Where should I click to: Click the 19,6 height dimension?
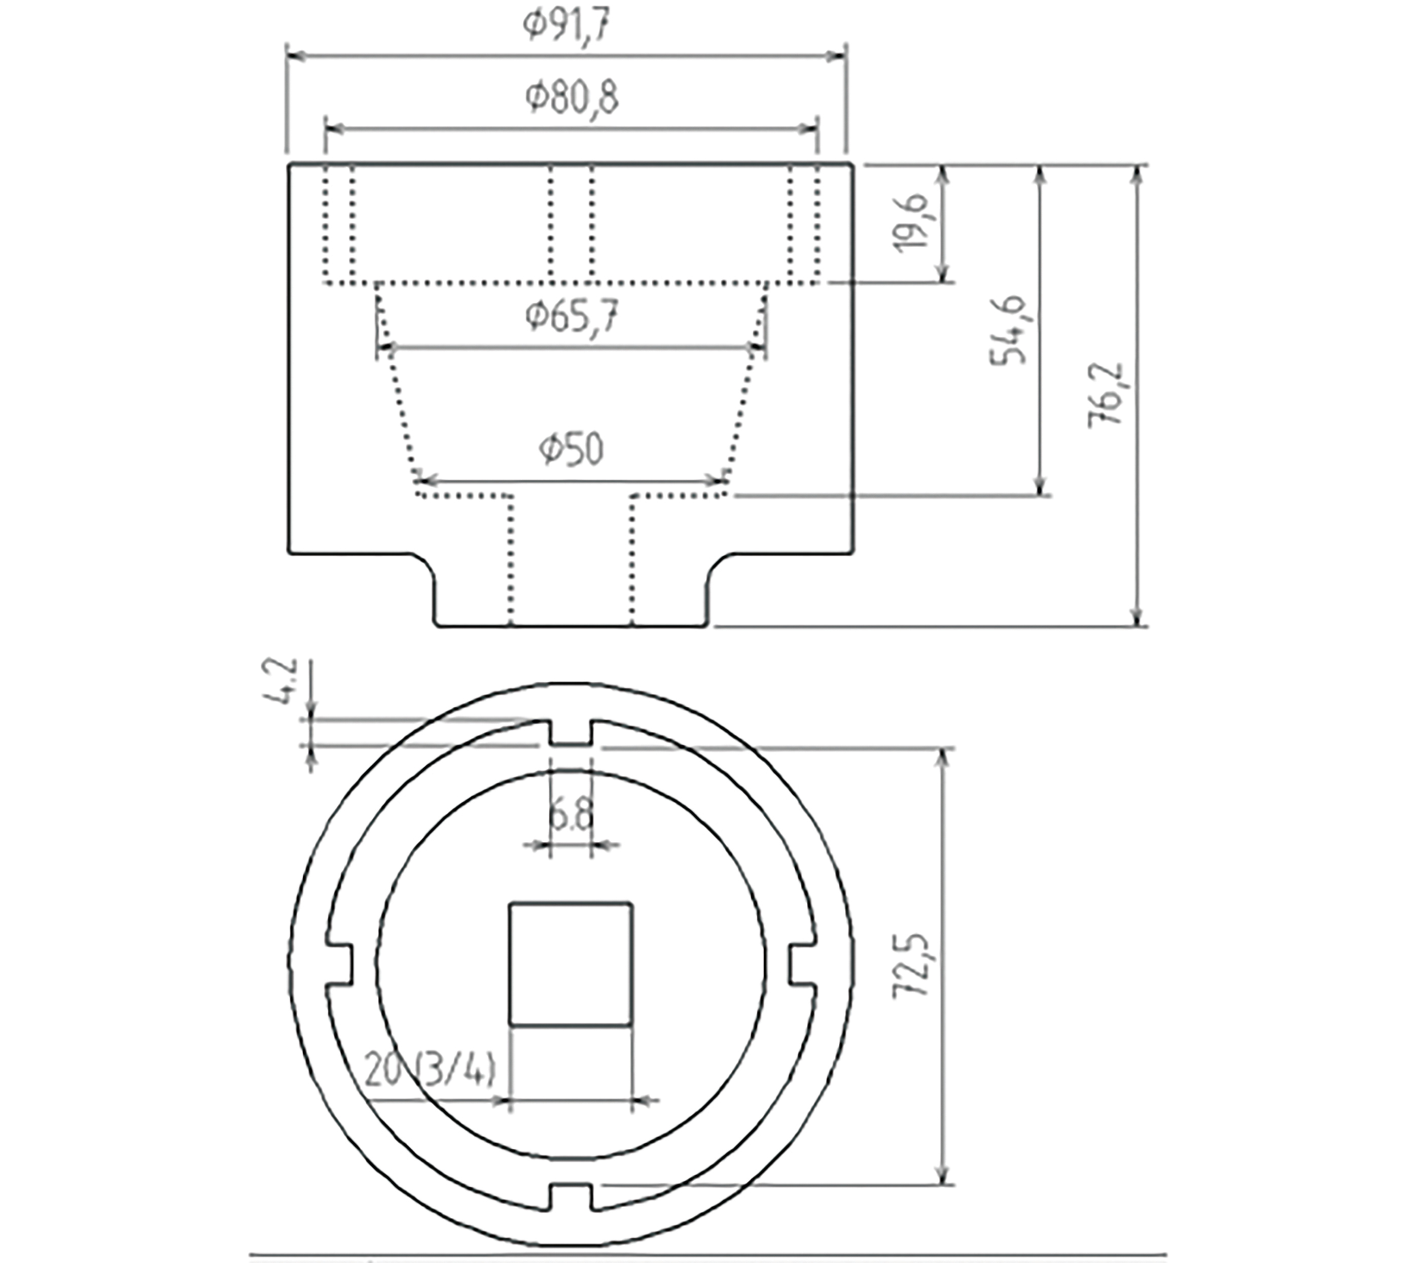pos(911,222)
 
